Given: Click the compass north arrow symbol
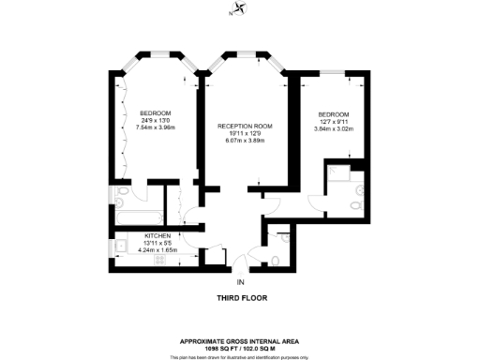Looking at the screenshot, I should click(240, 11).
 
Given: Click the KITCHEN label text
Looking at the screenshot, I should click(157, 235).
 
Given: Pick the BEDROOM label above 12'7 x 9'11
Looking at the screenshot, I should click(333, 114).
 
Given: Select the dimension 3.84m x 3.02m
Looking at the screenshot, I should click(333, 129).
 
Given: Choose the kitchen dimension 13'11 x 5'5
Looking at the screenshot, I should click(157, 243).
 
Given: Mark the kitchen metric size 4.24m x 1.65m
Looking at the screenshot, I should click(157, 250).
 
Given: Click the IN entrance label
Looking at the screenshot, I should click(240, 281).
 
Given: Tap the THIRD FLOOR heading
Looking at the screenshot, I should click(240, 301).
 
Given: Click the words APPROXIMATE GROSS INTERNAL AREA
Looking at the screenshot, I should click(240, 340).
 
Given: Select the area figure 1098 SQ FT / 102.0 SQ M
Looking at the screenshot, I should click(240, 347).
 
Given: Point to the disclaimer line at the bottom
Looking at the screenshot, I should click(240, 356).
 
